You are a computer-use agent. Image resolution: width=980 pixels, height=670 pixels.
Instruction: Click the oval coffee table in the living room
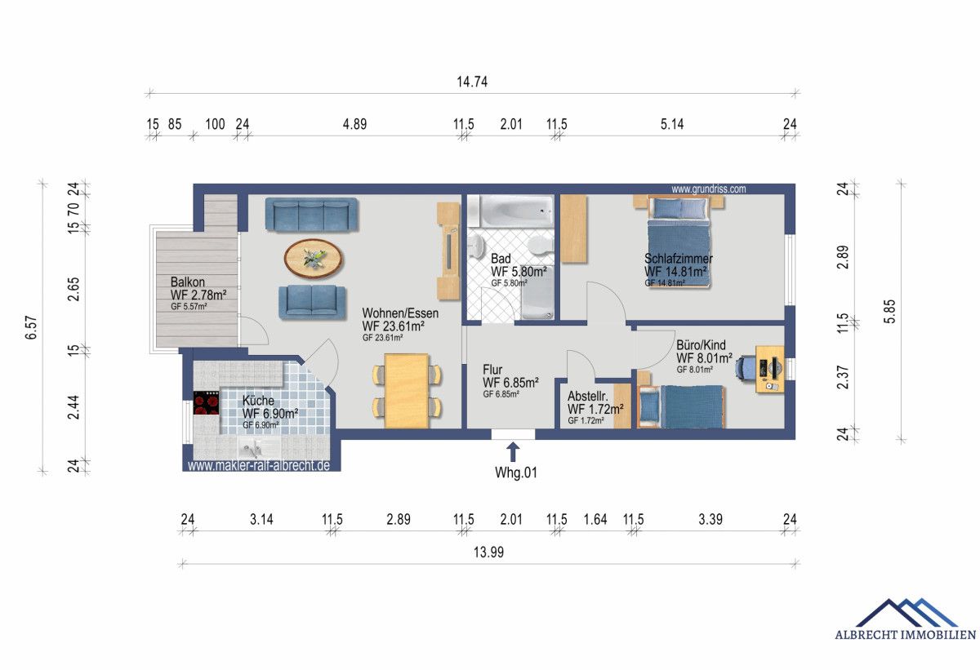click(314, 259)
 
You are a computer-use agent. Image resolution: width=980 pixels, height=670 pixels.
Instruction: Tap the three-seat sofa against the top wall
click(312, 215)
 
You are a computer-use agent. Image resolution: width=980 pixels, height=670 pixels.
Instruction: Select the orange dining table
click(407, 391)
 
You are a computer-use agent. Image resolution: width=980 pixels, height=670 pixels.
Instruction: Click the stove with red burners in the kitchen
click(207, 403)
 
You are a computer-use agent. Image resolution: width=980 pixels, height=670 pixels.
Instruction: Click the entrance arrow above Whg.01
click(513, 451)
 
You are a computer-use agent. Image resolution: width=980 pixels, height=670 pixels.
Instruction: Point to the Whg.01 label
click(516, 473)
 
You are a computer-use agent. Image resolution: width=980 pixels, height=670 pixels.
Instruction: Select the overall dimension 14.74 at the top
click(472, 81)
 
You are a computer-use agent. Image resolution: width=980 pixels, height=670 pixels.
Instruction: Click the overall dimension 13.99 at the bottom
click(488, 552)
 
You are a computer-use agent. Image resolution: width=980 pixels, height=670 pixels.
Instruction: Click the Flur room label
click(492, 368)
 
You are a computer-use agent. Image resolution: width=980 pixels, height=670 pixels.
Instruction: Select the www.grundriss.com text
click(708, 189)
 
